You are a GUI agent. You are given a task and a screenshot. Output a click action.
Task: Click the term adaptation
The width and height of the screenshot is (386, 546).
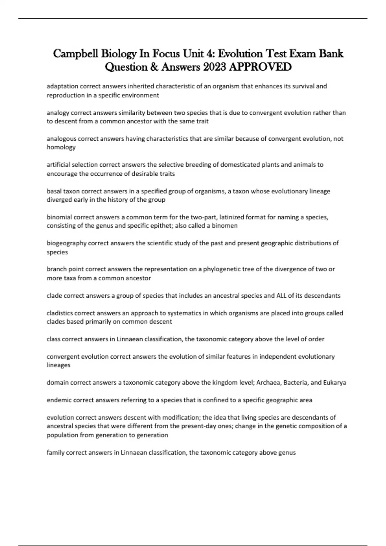click(x=62, y=86)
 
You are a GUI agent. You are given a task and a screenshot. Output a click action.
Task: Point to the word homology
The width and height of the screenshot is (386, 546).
click(x=61, y=147)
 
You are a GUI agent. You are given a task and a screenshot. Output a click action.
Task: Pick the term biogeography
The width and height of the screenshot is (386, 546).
click(x=67, y=243)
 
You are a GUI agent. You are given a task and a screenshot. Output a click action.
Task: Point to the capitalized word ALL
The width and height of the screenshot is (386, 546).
click(x=281, y=295)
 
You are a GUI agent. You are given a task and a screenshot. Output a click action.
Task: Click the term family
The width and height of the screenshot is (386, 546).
click(x=55, y=453)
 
